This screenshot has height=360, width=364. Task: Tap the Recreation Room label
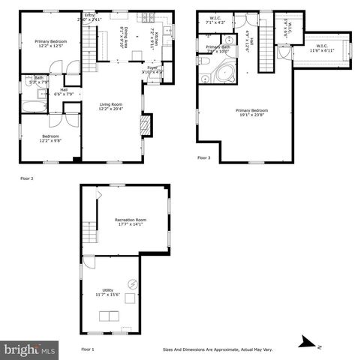coord(131,220)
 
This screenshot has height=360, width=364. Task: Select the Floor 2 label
coord(27,179)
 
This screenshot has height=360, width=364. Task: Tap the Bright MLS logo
coord(30,349)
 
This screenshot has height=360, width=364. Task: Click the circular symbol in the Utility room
coord(133,283)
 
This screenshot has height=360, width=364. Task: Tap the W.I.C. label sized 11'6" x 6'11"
coord(322,49)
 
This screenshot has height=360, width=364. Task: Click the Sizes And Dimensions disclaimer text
coord(218,349)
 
